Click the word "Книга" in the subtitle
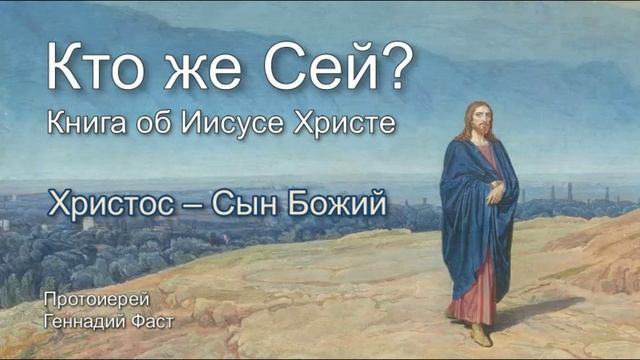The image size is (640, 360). [84, 126]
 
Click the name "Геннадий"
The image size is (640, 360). [76, 319]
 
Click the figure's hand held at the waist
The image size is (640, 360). [495, 192]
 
